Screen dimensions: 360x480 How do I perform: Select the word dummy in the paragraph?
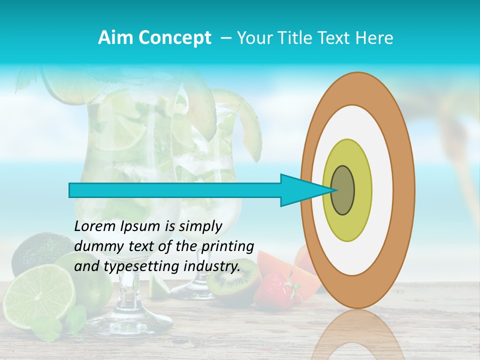point(95,246)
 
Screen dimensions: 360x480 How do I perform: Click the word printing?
point(227,246)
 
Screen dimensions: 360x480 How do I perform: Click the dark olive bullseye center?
point(343,190)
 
